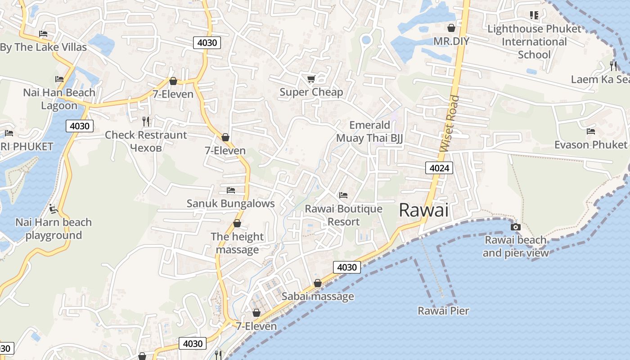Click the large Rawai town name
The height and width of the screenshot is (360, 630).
coord(423,210)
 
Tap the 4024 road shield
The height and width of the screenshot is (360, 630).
coord(439,168)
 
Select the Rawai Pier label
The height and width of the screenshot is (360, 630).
coord(443,311)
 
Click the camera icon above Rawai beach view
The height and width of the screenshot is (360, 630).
coord(516,227)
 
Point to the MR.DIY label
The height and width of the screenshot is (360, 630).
coord(451,41)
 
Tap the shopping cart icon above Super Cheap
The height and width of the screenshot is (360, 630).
coord(311,79)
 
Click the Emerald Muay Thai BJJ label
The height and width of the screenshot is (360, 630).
coord(369,131)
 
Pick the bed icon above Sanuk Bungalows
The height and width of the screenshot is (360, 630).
coord(231,190)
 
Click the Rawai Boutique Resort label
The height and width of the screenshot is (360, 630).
coord(344,215)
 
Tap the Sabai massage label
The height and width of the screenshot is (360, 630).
coord(318,297)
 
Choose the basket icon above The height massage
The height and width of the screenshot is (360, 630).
coord(237,223)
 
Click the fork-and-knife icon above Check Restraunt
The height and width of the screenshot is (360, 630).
coord(145,121)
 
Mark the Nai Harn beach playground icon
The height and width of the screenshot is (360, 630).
coord(54,209)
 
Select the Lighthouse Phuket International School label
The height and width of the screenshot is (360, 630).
coord(535,42)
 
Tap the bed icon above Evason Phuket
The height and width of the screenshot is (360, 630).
coord(591,131)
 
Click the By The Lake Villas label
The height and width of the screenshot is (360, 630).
coord(43,47)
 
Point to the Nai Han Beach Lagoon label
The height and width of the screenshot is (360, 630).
coord(59,99)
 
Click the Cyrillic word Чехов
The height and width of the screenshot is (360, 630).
coord(145,147)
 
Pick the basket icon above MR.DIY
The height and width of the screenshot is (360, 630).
coord(451,28)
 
